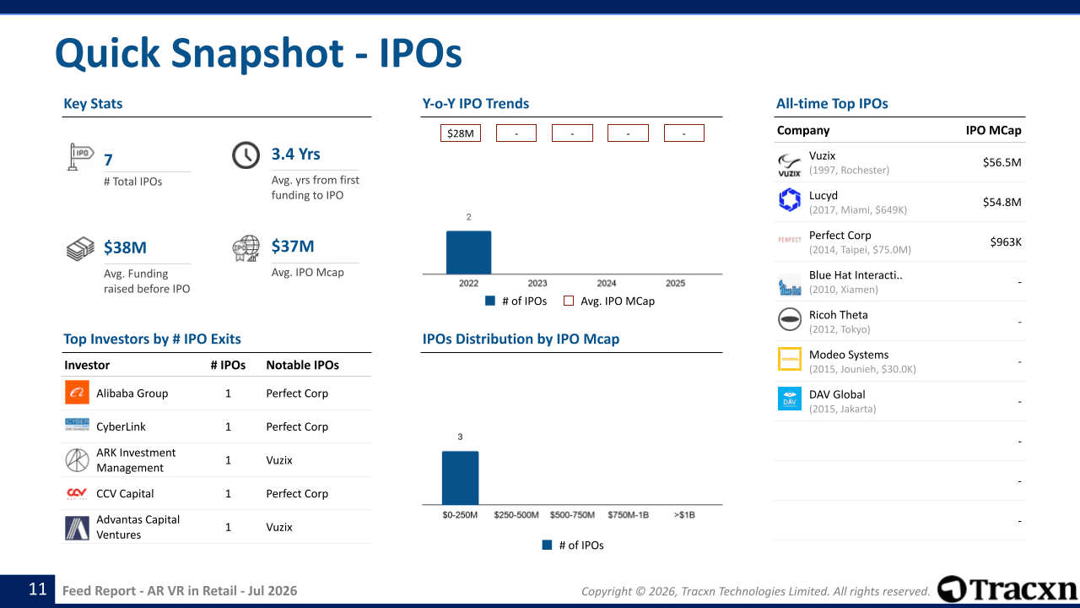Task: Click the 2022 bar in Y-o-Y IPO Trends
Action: [468, 252]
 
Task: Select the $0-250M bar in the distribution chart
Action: [461, 478]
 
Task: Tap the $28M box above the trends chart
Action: [461, 133]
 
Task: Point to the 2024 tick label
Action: [607, 283]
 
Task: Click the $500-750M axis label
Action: [572, 515]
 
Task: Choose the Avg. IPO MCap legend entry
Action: [609, 301]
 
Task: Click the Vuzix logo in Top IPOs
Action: [789, 165]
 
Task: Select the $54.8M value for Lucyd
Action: [1002, 202]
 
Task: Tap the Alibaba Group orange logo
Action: [77, 393]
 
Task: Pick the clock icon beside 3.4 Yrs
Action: [246, 155]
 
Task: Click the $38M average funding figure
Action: [126, 247]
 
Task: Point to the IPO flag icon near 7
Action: [80, 157]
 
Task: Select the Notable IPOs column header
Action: [302, 366]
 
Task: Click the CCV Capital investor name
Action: [125, 494]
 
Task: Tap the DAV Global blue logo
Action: [790, 399]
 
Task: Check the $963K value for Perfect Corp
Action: [1006, 242]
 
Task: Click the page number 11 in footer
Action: [38, 589]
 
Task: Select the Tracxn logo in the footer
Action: [1007, 589]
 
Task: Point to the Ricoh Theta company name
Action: [839, 315]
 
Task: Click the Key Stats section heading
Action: [93, 104]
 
